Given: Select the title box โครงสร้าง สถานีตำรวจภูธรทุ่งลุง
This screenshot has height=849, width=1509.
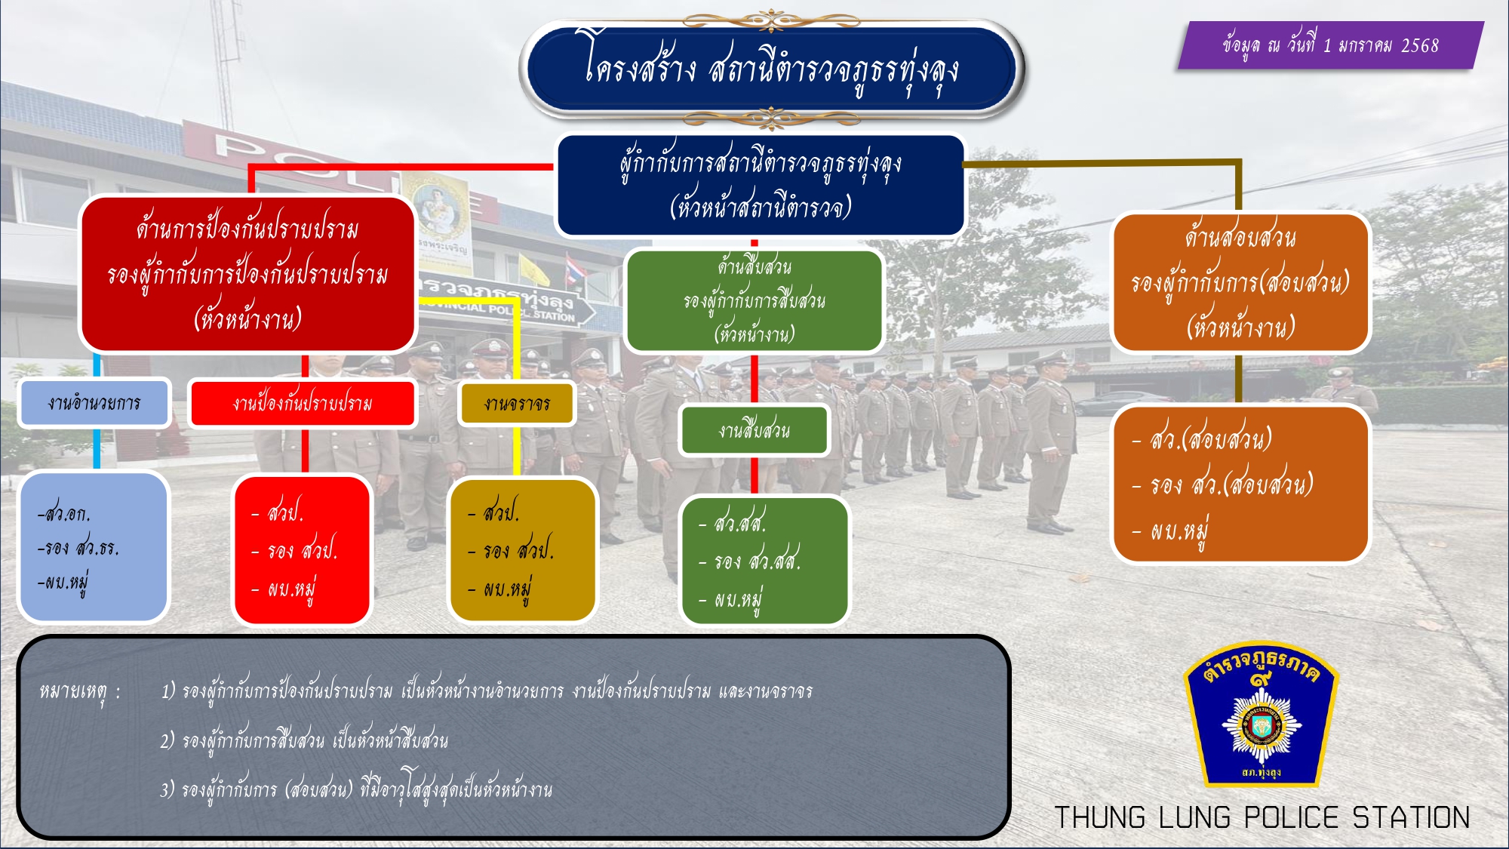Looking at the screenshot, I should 771,69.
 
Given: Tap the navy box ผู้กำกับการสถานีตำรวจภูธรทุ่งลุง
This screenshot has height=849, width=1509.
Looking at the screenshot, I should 761,185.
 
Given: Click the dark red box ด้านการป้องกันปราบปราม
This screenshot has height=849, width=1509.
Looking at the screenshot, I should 248,273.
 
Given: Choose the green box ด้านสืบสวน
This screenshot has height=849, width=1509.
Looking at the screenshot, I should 754,300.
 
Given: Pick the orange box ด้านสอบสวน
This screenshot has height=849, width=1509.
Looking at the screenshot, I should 1240,282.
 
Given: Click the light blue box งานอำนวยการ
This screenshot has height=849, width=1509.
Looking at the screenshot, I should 94,403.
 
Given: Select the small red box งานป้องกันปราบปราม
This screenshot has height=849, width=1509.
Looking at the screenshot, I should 302,404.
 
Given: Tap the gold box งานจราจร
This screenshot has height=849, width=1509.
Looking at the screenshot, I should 517,404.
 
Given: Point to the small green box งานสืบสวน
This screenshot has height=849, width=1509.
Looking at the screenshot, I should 754,431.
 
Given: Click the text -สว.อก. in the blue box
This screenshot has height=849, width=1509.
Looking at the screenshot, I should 65,514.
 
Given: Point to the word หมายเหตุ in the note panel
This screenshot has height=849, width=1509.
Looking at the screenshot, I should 73,691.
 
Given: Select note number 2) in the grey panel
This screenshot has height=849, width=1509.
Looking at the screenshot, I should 167,741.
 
